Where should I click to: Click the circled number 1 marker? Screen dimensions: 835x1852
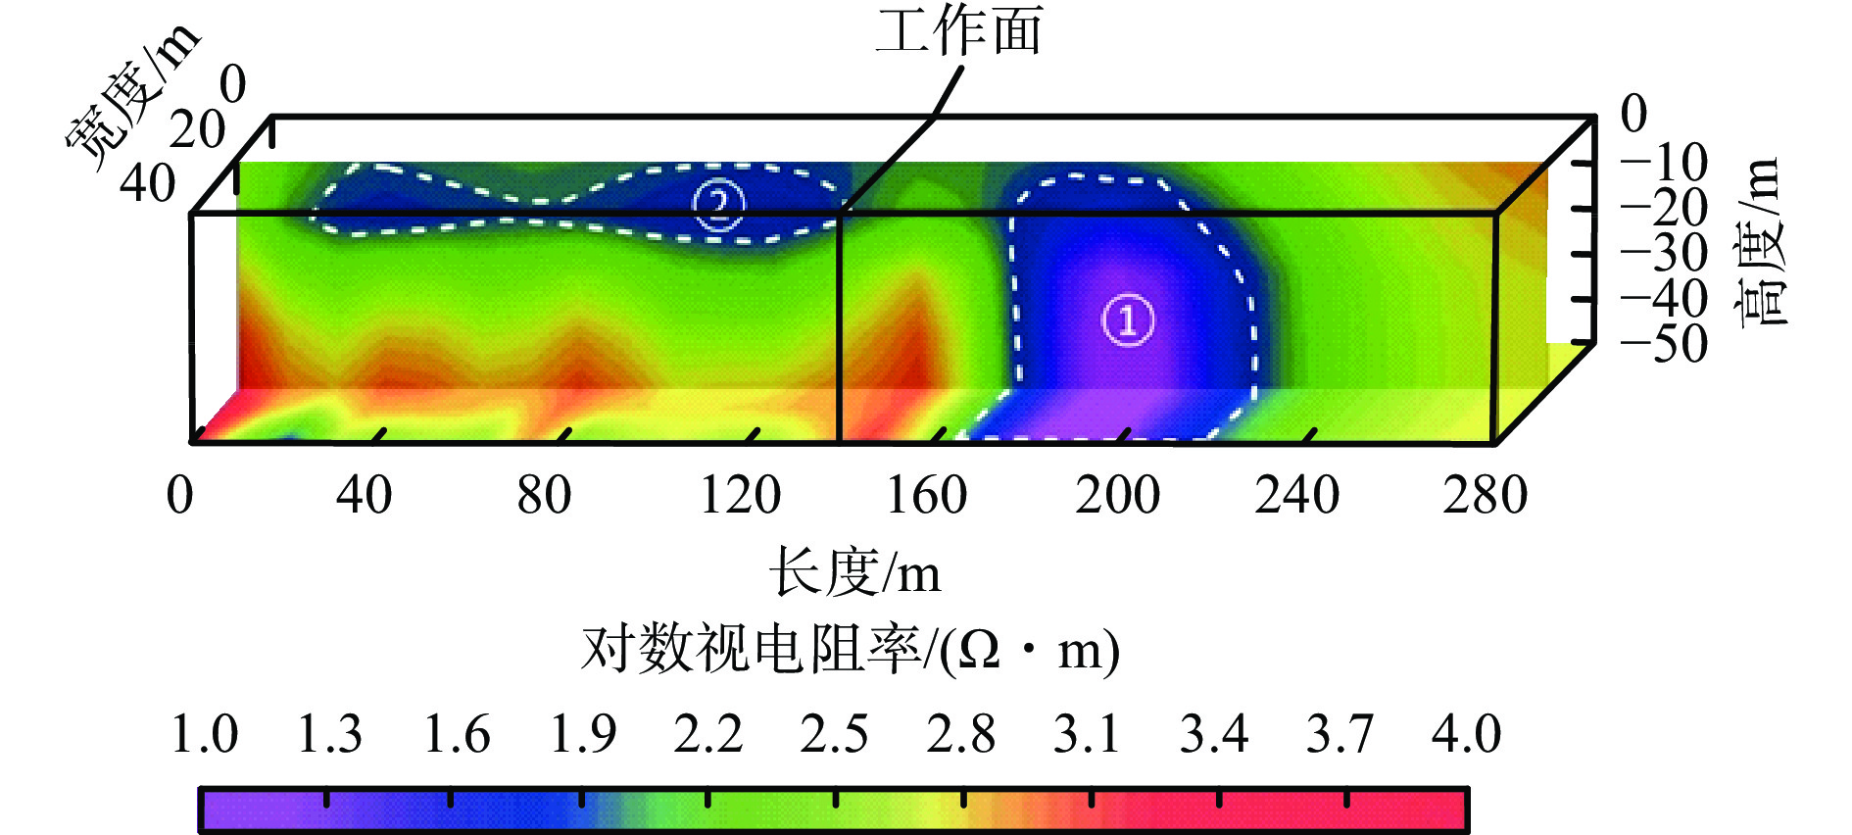[1128, 320]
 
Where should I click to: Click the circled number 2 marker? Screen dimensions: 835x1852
[719, 205]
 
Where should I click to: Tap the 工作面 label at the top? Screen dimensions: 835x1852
[958, 31]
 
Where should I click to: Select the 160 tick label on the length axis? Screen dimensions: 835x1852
[926, 495]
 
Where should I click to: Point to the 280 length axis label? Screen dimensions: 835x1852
[1485, 495]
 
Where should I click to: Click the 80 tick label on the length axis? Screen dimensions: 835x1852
[544, 495]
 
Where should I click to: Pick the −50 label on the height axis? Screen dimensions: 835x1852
[1665, 344]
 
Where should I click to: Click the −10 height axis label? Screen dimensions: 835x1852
[1665, 163]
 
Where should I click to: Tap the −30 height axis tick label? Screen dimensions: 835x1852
[1665, 254]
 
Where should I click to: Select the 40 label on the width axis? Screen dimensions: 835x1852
[148, 183]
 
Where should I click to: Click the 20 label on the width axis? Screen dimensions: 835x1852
[197, 130]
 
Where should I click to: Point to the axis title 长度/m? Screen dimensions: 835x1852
[854, 572]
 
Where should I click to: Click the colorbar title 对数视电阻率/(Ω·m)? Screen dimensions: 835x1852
[850, 650]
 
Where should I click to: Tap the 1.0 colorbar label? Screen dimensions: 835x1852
[204, 734]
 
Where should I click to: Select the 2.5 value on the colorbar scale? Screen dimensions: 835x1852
[834, 734]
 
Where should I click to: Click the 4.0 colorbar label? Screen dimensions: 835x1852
[1466, 734]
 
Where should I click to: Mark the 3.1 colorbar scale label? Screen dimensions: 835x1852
[1087, 734]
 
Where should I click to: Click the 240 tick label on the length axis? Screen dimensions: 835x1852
[1296, 495]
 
